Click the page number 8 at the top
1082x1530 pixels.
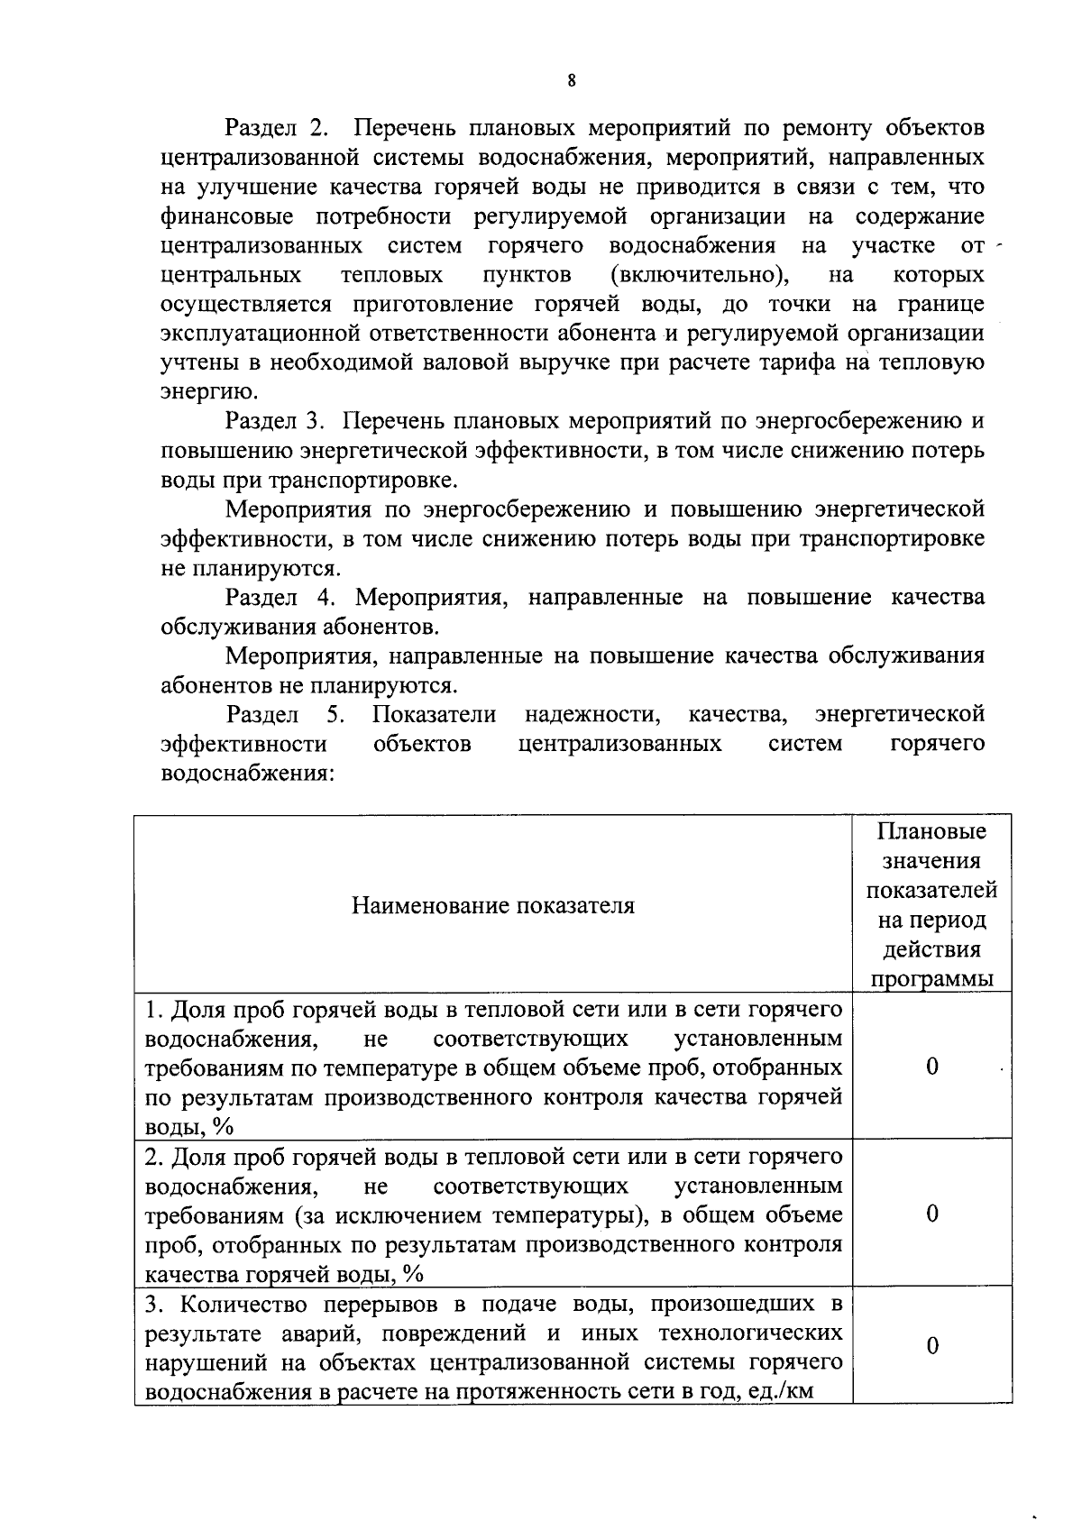[573, 80]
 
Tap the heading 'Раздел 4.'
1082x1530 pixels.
[283, 597]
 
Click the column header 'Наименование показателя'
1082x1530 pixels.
[492, 905]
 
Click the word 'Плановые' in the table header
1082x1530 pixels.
[931, 831]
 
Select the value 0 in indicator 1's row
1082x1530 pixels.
[931, 1067]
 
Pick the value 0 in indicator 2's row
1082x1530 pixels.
[931, 1214]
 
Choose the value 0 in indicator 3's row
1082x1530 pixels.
[931, 1346]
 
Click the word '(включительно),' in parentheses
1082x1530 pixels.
[695, 274]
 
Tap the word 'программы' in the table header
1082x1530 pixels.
[931, 979]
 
